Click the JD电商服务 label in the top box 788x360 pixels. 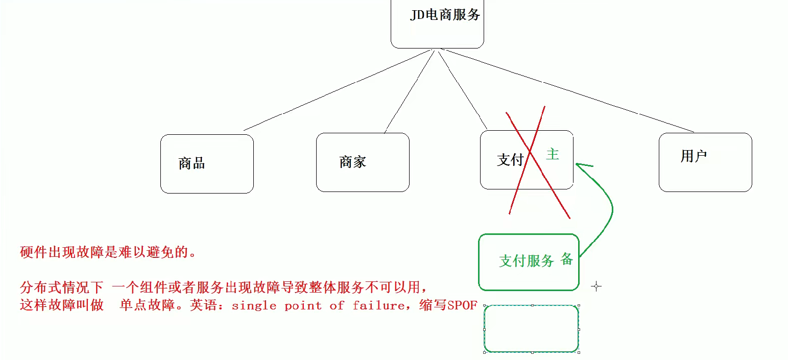pyautogui.click(x=445, y=15)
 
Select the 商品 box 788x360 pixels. pyautogui.click(x=207, y=163)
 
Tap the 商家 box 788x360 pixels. pyautogui.click(x=363, y=162)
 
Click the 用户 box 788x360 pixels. pyautogui.click(x=705, y=162)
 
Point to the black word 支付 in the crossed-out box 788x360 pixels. pyautogui.click(x=510, y=160)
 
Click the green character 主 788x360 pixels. pyautogui.click(x=553, y=154)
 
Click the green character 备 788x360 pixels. pyautogui.click(x=566, y=259)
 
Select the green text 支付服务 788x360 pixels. pyautogui.click(x=526, y=261)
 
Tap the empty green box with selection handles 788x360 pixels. pyautogui.click(x=531, y=328)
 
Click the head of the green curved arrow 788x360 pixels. pyautogui.click(x=580, y=164)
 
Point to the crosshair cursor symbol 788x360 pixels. pyautogui.click(x=596, y=286)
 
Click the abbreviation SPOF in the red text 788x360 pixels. pyautogui.click(x=462, y=305)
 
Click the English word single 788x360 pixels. pyautogui.click(x=254, y=305)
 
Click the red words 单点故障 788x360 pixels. pyautogui.click(x=148, y=305)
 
